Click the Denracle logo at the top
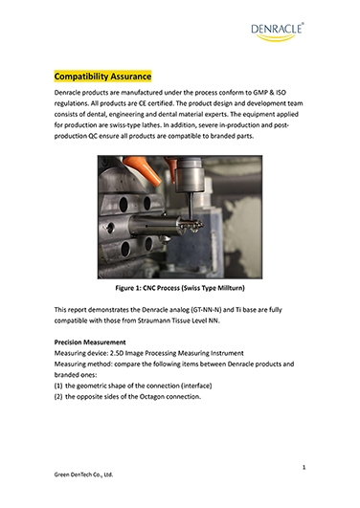278,32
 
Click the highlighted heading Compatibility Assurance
102,77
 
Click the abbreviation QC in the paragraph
93,136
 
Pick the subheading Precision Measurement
90,342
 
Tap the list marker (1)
58,386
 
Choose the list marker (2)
58,397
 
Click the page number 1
304,467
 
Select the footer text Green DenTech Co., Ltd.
83,475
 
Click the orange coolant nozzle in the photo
143,169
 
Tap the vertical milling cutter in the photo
191,208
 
